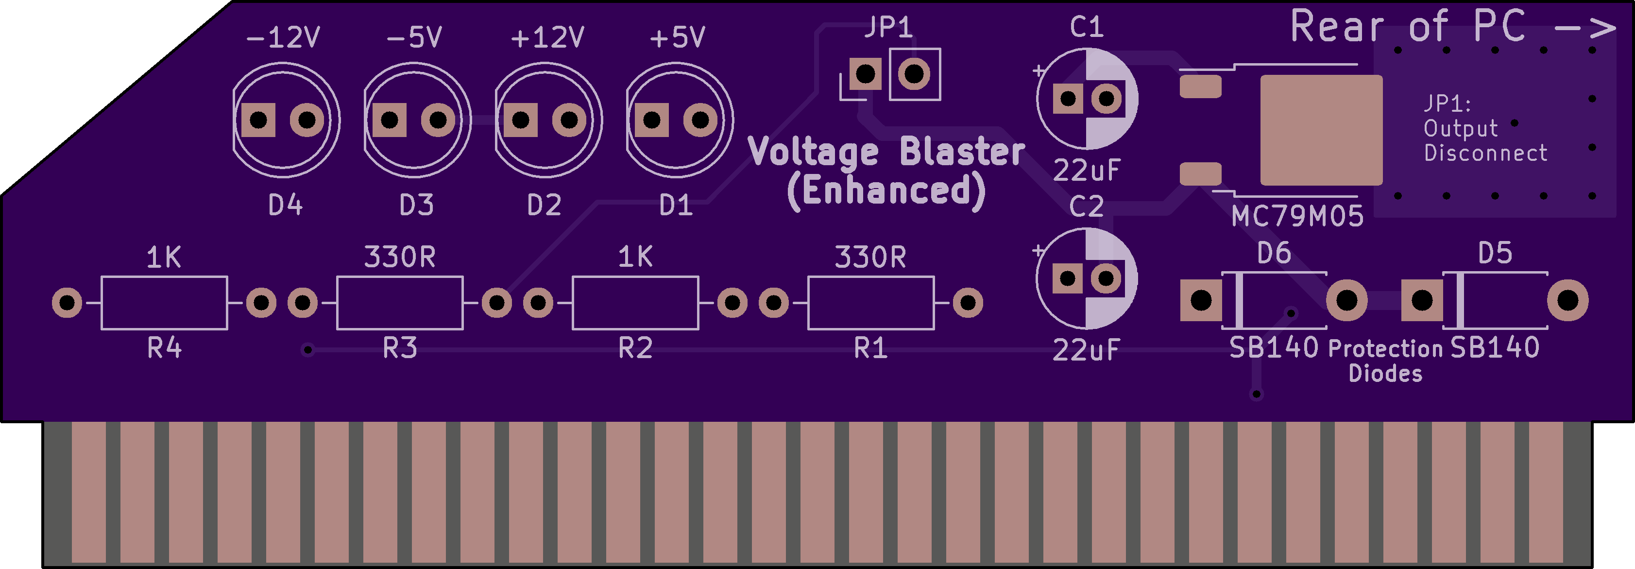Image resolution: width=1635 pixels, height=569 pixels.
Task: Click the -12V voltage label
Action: [x=283, y=37]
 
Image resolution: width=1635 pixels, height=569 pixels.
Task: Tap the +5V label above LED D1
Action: [x=677, y=37]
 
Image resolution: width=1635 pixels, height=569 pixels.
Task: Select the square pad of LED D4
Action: [x=259, y=120]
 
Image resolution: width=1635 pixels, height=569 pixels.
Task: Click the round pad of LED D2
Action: [x=569, y=120]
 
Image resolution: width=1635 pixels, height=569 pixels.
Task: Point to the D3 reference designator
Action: [x=416, y=205]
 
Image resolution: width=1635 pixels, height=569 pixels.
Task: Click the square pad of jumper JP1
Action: [x=865, y=74]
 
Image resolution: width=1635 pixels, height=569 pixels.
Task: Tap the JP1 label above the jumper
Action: [x=888, y=27]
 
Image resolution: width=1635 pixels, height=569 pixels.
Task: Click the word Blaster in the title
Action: [x=962, y=153]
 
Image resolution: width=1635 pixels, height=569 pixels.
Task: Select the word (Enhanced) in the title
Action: [x=886, y=190]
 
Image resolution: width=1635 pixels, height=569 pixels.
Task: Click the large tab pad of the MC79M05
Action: [x=1321, y=130]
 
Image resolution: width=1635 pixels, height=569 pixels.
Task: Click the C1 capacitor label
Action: [x=1087, y=27]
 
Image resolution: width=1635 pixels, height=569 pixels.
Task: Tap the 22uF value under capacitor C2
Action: [x=1087, y=350]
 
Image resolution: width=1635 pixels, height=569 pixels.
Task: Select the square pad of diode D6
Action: [x=1201, y=300]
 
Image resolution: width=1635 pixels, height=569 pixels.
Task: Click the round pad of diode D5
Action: [x=1567, y=300]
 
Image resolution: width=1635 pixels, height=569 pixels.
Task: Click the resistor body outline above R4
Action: [x=164, y=303]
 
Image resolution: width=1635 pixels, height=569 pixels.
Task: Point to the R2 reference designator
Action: [x=635, y=348]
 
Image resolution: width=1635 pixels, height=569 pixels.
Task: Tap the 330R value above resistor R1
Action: [x=870, y=257]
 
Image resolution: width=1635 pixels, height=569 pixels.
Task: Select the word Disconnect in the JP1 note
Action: [x=1485, y=153]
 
